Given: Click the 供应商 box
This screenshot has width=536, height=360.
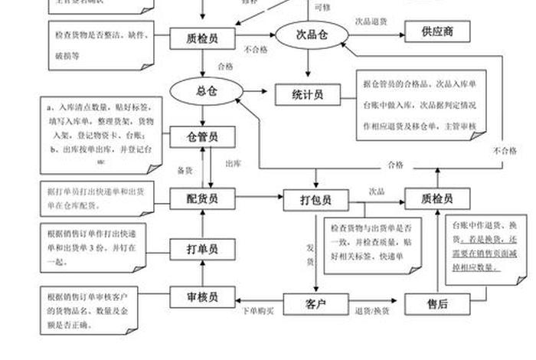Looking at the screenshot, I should pyautogui.click(x=436, y=32).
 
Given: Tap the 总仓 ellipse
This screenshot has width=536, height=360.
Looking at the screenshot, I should pyautogui.click(x=202, y=91).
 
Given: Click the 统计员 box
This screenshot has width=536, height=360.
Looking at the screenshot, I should pyautogui.click(x=307, y=94).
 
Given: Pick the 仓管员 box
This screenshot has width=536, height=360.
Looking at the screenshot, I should pyautogui.click(x=202, y=137).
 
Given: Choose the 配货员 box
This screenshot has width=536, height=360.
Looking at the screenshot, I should pyautogui.click(x=202, y=198).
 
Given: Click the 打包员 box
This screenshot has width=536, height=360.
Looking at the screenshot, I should pyautogui.click(x=315, y=200).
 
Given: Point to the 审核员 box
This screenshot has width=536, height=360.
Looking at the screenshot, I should pyautogui.click(x=202, y=296).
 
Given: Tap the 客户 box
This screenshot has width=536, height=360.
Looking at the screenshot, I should pyautogui.click(x=315, y=304).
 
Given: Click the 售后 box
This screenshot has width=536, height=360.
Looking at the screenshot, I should pyautogui.click(x=436, y=304).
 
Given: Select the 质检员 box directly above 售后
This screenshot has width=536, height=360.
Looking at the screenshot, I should pyautogui.click(x=436, y=198).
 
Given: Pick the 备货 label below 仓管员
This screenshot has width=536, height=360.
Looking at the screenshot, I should pyautogui.click(x=184, y=169).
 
